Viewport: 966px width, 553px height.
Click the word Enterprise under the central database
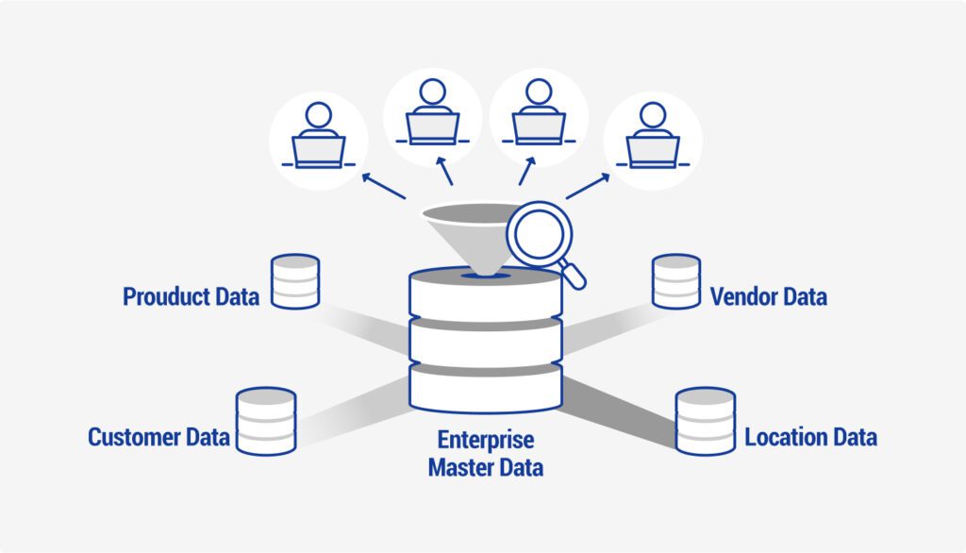click(x=485, y=441)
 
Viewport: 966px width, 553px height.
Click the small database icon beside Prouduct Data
click(x=295, y=281)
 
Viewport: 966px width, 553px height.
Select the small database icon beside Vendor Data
click(x=676, y=281)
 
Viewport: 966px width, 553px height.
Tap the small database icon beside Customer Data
click(x=265, y=420)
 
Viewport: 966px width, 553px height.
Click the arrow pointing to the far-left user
click(x=383, y=185)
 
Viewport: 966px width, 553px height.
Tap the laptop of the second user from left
click(x=433, y=126)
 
